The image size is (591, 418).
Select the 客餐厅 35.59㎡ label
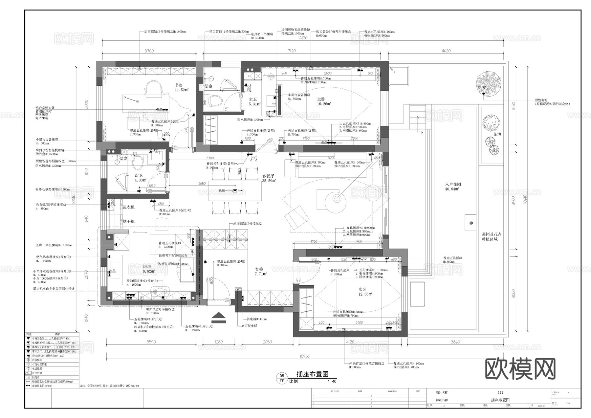[269, 178]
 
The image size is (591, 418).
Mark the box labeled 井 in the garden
[471, 223]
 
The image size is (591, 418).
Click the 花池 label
[497, 134]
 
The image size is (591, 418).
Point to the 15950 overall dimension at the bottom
[305, 356]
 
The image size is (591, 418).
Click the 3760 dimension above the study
[149, 51]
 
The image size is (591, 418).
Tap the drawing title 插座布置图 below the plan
[312, 374]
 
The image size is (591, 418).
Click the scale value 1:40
[332, 382]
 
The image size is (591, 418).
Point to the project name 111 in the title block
[500, 393]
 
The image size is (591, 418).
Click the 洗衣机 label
[128, 207]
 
